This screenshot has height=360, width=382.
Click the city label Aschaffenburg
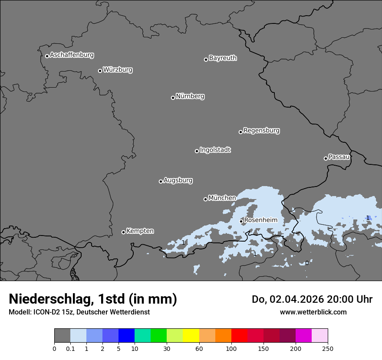(72, 55)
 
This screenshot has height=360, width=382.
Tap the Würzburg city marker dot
(100, 71)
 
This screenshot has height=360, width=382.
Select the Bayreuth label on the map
(223, 58)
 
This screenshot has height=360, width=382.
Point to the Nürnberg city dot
(173, 98)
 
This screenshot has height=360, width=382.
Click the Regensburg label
(261, 131)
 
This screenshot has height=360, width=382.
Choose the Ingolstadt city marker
(197, 151)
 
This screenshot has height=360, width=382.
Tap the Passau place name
(339, 157)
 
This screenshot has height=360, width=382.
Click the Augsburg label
(178, 180)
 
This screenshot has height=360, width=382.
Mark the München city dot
(205, 199)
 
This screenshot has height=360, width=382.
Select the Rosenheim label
(260, 220)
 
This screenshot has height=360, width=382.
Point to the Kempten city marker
(123, 232)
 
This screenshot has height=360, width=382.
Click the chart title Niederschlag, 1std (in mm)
(93, 299)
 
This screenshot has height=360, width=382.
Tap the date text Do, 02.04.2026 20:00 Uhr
(312, 299)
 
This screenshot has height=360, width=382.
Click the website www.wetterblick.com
(313, 312)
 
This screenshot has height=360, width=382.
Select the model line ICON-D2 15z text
(79, 312)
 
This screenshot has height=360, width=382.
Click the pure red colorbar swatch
(239, 336)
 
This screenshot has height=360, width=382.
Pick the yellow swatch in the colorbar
(191, 336)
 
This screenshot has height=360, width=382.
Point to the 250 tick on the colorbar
(328, 348)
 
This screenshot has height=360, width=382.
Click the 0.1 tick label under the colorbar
(70, 348)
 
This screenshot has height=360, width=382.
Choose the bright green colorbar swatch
(159, 336)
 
